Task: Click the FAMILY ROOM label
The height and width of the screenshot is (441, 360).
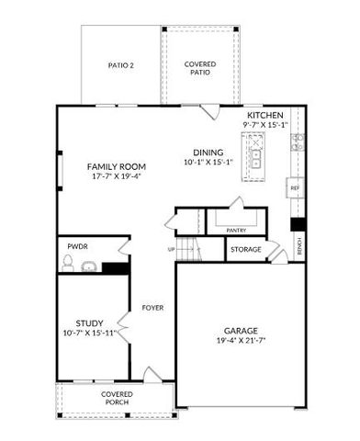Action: click(x=117, y=166)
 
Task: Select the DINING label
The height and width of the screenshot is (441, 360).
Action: click(x=208, y=153)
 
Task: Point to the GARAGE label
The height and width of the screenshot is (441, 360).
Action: click(x=240, y=331)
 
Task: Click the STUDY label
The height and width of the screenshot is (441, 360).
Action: click(x=89, y=322)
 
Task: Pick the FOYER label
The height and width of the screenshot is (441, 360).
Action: click(x=152, y=308)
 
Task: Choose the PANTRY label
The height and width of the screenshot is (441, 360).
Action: click(x=236, y=231)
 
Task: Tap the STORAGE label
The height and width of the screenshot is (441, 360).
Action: click(x=246, y=250)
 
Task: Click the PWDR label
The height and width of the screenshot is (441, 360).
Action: click(x=78, y=247)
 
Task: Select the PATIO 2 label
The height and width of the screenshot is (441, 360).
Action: click(x=121, y=65)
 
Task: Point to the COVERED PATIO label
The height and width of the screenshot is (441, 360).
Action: click(x=199, y=68)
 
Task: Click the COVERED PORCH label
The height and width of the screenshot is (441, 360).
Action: click(x=117, y=398)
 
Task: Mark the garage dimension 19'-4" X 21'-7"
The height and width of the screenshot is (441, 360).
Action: click(x=240, y=341)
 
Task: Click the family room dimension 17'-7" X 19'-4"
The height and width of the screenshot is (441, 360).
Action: click(x=117, y=176)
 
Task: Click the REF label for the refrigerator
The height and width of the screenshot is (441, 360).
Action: click(x=295, y=187)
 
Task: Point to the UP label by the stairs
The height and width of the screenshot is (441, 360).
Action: click(x=171, y=249)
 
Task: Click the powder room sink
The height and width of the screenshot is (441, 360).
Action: click(x=89, y=267)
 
